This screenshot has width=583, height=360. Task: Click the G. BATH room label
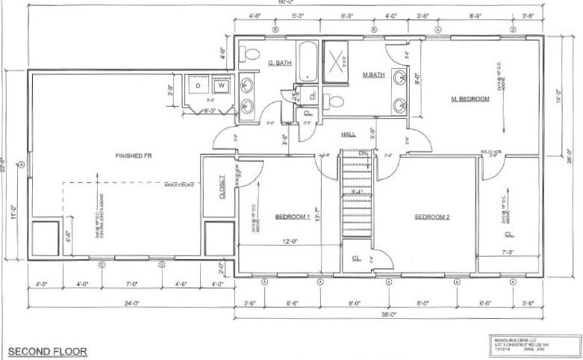coord(280,63)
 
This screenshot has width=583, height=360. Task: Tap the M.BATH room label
coord(373,75)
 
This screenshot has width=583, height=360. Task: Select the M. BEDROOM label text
coord(470,99)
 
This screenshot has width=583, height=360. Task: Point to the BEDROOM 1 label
coord(292,217)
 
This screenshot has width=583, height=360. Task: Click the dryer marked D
coord(198,86)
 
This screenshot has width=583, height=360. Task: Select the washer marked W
coord(221,86)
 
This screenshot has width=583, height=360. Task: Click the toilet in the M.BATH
coord(335,102)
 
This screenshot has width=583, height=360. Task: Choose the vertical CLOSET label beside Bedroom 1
coord(222,188)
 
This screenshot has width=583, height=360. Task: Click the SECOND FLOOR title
coord(47,350)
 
